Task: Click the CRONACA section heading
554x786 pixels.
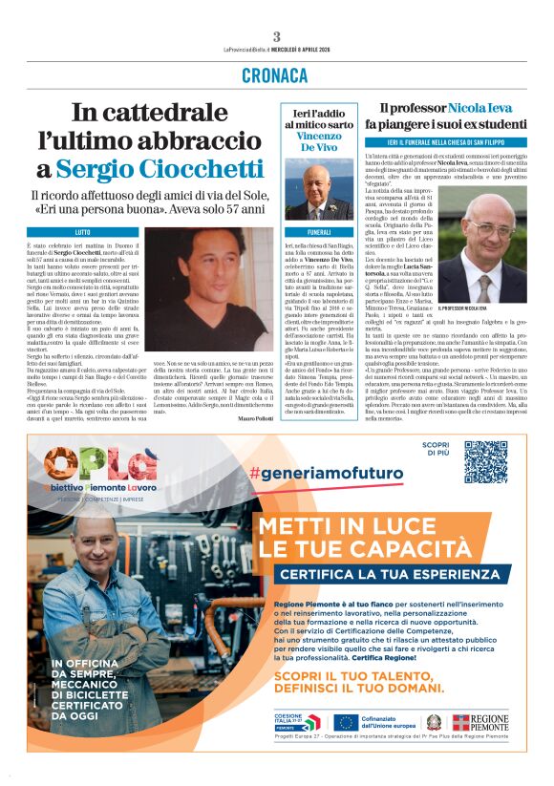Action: [x=276, y=74]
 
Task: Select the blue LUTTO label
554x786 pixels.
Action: [x=83, y=232]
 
